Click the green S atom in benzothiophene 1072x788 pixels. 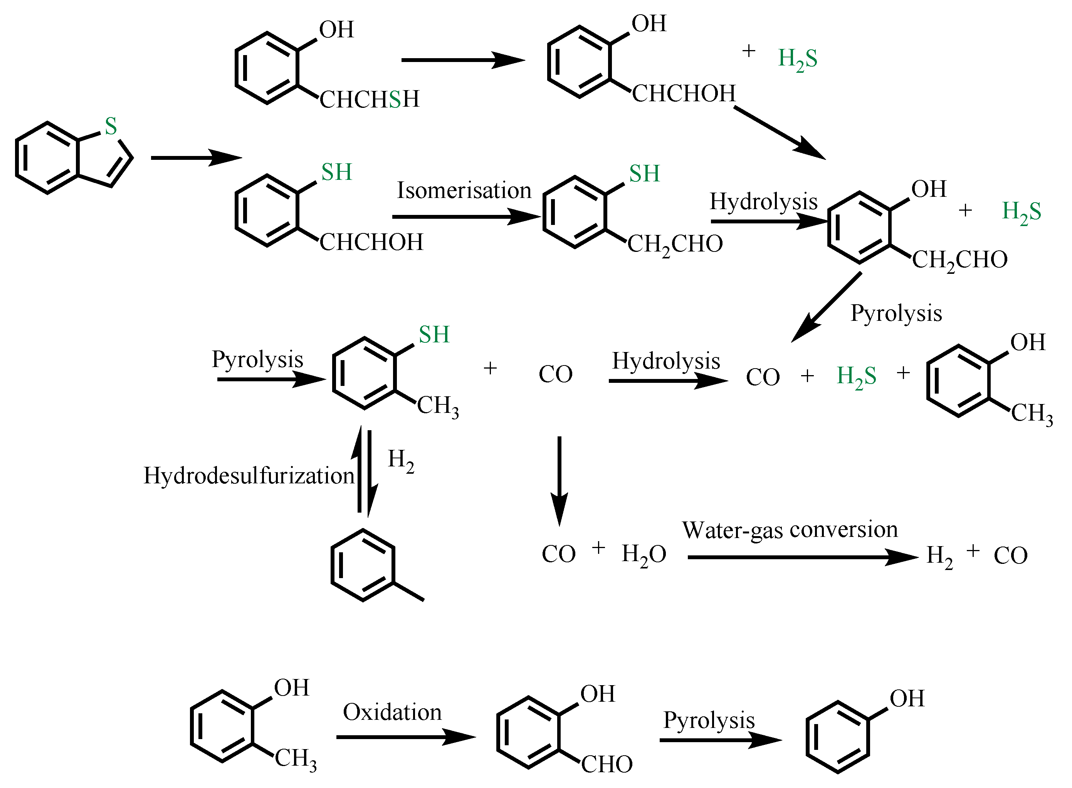click(111, 126)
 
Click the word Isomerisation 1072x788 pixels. click(464, 190)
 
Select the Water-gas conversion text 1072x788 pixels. click(790, 530)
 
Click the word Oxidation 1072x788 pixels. click(392, 712)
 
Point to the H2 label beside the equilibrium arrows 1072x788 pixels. click(400, 460)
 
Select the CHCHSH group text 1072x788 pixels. click(369, 99)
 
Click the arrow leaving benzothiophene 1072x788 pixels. click(196, 158)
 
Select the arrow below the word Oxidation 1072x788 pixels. click(405, 737)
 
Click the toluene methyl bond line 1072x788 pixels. click(408, 592)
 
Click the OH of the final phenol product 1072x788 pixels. click(907, 699)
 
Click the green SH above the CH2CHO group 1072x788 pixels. click(644, 174)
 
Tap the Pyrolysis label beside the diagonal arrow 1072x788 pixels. click(896, 314)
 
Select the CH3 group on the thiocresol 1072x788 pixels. click(438, 406)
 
